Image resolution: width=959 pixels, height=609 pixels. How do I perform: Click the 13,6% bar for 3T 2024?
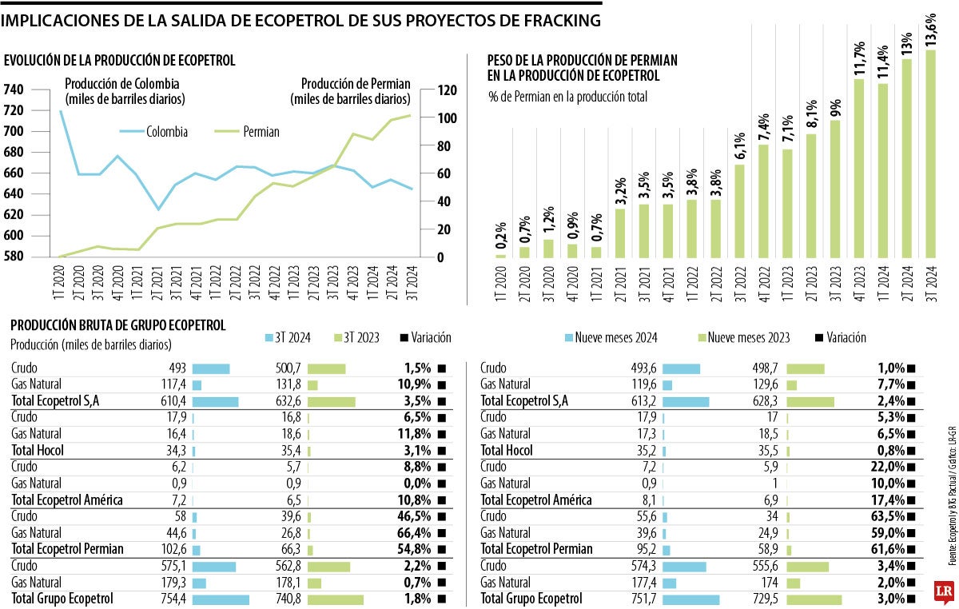click(931, 153)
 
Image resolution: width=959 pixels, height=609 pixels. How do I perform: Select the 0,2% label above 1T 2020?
click(500, 237)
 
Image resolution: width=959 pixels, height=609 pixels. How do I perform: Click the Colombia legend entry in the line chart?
click(154, 132)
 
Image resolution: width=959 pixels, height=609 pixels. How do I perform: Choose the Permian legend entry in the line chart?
click(248, 132)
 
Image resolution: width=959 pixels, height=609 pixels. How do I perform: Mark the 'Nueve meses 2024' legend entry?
click(610, 338)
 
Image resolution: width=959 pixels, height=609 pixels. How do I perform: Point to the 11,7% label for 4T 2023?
click(860, 59)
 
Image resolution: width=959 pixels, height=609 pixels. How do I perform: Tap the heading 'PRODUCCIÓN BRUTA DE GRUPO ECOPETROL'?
click(118, 325)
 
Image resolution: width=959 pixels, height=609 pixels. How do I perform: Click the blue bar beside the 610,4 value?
click(215, 400)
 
